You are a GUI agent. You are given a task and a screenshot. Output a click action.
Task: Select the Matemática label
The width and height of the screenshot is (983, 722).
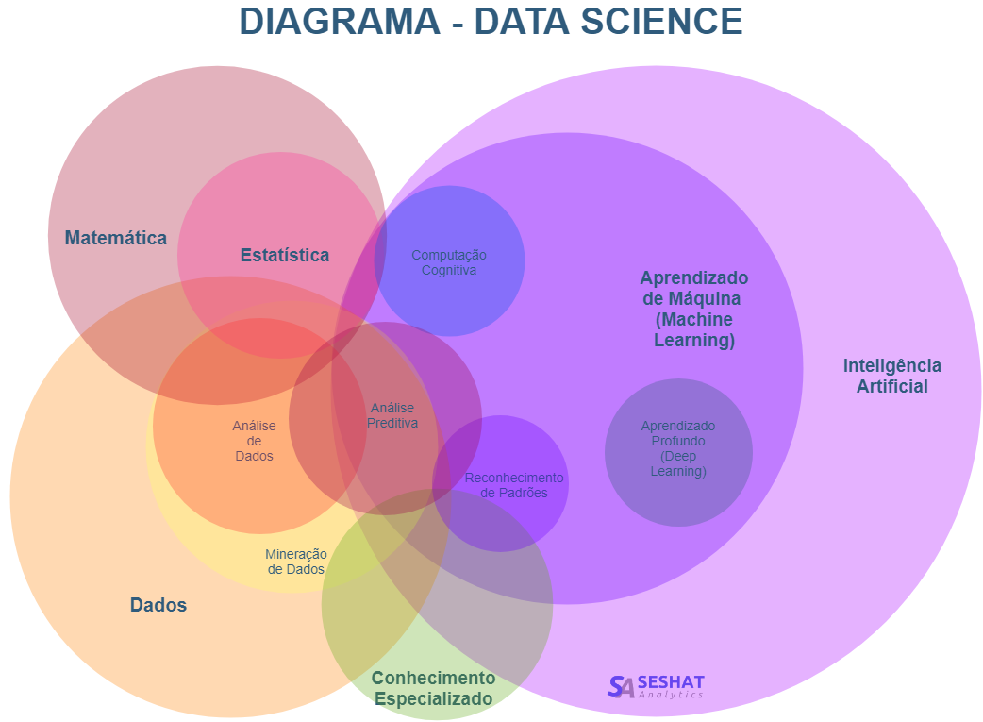coord(115,238)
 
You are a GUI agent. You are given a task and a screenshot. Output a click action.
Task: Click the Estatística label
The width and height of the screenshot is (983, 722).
coord(285,255)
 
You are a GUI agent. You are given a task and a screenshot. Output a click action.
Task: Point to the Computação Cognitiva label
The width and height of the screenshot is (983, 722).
coord(449,262)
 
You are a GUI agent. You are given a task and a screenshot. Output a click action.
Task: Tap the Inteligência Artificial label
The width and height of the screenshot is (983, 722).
coord(891,376)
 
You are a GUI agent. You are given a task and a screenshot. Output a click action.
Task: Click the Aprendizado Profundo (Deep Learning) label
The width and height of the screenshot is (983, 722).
coord(678,448)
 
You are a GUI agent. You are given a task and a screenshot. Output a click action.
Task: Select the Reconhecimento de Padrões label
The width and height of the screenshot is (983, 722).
coord(513,485)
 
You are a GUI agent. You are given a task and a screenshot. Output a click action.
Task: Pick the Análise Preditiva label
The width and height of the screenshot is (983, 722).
coord(392,415)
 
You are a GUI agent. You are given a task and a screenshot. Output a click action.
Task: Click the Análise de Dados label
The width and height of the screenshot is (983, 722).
coord(254,441)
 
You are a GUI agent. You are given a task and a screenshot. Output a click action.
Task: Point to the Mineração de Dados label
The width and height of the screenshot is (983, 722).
coord(296,562)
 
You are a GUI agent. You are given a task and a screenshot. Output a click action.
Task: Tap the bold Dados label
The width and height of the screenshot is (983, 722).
coord(158,605)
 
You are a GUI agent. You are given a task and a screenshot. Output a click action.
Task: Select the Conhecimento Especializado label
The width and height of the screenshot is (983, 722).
coord(433,688)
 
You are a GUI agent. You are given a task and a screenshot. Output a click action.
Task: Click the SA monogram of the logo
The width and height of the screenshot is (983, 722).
coord(621,686)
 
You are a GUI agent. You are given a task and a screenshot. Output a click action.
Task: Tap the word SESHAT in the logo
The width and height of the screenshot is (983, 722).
coord(671,681)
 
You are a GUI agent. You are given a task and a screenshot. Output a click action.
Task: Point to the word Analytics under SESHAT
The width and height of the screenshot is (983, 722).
coord(671,695)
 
